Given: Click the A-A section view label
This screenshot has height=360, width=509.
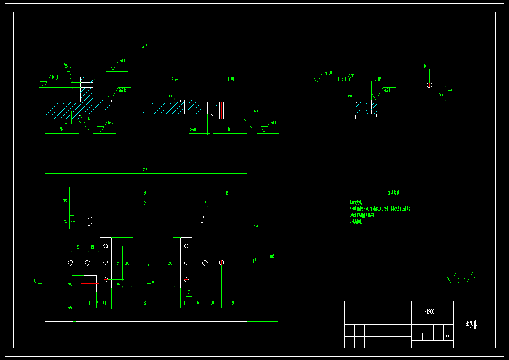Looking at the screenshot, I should (x=145, y=46).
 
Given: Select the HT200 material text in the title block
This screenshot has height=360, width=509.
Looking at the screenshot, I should (x=429, y=312).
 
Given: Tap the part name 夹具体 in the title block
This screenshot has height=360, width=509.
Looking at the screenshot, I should (x=471, y=325).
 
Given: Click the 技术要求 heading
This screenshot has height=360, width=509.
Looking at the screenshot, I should (x=393, y=193).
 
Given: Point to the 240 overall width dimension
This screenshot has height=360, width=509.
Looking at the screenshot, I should (x=144, y=169).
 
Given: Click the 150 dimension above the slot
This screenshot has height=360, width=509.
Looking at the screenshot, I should (x=144, y=193).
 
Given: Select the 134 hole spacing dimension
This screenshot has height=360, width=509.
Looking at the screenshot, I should (x=144, y=203).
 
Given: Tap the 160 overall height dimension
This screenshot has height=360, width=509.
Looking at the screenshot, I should (x=272, y=256).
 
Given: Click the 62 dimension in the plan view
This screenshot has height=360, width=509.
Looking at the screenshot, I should (x=145, y=303).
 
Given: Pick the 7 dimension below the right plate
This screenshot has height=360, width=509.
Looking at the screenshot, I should (x=189, y=292).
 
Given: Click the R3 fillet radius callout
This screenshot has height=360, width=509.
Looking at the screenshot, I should (x=89, y=119).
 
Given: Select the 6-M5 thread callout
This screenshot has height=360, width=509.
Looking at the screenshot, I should (x=174, y=79).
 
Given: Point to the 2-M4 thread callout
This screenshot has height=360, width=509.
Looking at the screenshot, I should (x=378, y=79).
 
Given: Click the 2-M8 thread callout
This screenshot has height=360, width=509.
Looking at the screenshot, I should (x=193, y=129).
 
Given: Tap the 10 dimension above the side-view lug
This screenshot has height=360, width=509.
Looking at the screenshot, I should (x=424, y=66).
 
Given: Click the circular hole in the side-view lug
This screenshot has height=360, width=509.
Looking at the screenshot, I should (x=429, y=85).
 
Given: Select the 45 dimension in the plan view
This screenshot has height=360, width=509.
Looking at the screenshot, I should (x=227, y=193).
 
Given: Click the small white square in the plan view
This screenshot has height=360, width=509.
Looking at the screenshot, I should (x=90, y=284).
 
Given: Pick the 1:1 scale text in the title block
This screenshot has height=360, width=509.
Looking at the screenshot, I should (x=447, y=336).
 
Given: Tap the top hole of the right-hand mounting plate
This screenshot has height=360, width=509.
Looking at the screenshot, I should (x=186, y=246).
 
